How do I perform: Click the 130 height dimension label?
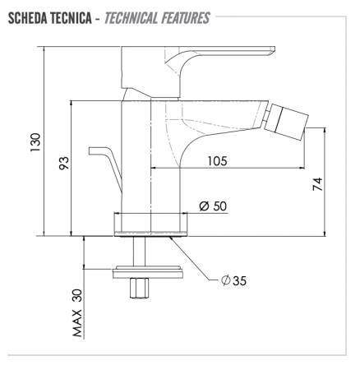coord(35,142)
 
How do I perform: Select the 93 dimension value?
coord(64,163)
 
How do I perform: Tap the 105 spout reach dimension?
coord(217,161)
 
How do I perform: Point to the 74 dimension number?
coord(318,184)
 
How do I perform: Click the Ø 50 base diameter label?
coord(213,206)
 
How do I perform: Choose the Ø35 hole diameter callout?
coord(233,280)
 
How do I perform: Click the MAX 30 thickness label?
coord(77,313)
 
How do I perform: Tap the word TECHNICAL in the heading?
coord(131,19)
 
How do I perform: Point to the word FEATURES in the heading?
coord(185,19)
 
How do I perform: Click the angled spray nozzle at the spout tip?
coord(286,122)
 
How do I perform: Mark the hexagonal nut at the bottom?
coord(140,288)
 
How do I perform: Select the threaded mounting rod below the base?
coord(140,251)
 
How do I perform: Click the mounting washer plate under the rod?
coord(148,272)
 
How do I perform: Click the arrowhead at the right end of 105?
coord(302,168)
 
